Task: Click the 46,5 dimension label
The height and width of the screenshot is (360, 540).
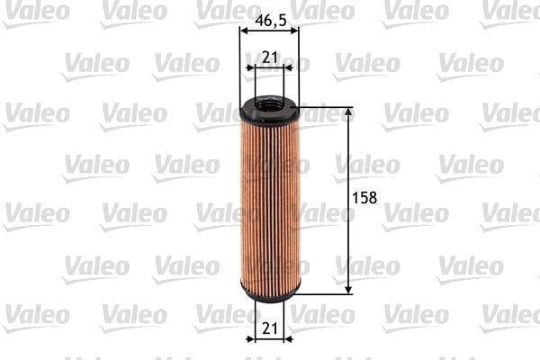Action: pyautogui.click(x=271, y=21)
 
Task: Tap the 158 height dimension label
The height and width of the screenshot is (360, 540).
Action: pyautogui.click(x=364, y=198)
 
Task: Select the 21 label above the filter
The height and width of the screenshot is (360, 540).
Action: pyautogui.click(x=269, y=58)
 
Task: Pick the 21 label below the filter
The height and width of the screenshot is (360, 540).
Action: pyautogui.click(x=269, y=328)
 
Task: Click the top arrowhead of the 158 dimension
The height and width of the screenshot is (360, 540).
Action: pyautogui.click(x=348, y=112)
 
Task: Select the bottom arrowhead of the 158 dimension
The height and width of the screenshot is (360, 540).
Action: pyautogui.click(x=348, y=289)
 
